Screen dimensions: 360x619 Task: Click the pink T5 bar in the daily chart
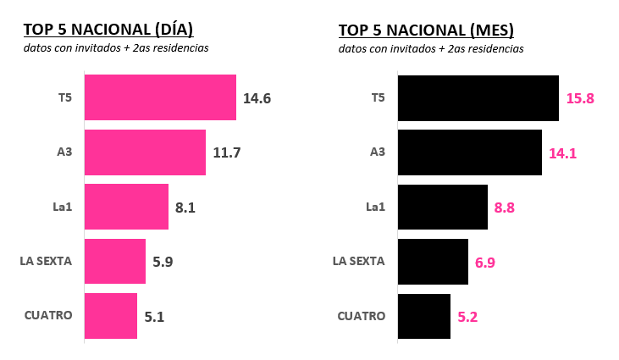160,97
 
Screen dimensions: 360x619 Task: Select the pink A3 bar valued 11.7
145,152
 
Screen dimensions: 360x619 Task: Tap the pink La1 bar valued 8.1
126,207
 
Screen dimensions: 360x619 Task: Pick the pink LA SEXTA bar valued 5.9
115,261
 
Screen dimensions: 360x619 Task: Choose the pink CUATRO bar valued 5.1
111,316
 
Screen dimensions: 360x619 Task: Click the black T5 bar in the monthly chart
478,97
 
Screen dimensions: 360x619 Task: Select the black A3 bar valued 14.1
469,152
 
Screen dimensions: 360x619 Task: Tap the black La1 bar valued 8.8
442,207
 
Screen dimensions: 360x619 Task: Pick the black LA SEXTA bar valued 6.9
433,261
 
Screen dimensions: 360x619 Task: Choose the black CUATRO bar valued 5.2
423,316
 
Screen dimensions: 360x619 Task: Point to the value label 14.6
257,98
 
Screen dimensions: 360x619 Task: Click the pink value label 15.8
580,98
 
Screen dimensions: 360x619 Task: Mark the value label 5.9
163,262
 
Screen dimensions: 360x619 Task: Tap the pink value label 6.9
485,262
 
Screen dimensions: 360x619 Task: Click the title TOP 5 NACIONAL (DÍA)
108,30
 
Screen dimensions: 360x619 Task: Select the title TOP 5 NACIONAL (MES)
426,30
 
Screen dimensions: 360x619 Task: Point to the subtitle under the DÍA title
116,48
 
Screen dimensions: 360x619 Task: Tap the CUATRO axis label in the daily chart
48,315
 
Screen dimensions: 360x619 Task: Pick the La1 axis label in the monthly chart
375,207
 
